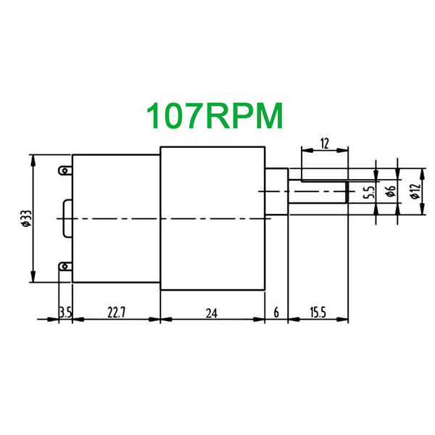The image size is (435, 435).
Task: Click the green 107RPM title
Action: pos(214,116)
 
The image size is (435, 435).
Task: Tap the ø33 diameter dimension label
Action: pos(27,219)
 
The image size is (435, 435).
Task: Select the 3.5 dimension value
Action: pos(65,313)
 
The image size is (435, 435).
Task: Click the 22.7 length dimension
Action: pos(116,313)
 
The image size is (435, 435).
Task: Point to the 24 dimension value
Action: pos(212,313)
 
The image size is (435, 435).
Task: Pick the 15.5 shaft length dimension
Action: pos(318,313)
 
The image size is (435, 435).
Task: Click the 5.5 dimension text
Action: pos(369,192)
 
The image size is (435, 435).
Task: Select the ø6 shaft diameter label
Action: pos(391,191)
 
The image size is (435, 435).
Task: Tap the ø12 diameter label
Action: pos(415,191)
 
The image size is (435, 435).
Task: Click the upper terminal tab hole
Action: pos(65,170)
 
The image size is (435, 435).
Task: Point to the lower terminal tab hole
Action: pos(65,267)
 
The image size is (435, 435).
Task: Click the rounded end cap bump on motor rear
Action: pos(67,219)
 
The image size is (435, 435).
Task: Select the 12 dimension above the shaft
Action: pos(324,144)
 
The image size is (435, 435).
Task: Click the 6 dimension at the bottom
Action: pos(276,313)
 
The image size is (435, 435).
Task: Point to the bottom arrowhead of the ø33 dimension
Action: pos(33,276)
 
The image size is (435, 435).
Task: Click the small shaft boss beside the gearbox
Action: pos(276,191)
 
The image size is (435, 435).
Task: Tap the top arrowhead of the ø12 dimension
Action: pos(422,174)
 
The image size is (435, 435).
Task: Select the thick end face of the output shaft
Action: pos(347,192)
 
